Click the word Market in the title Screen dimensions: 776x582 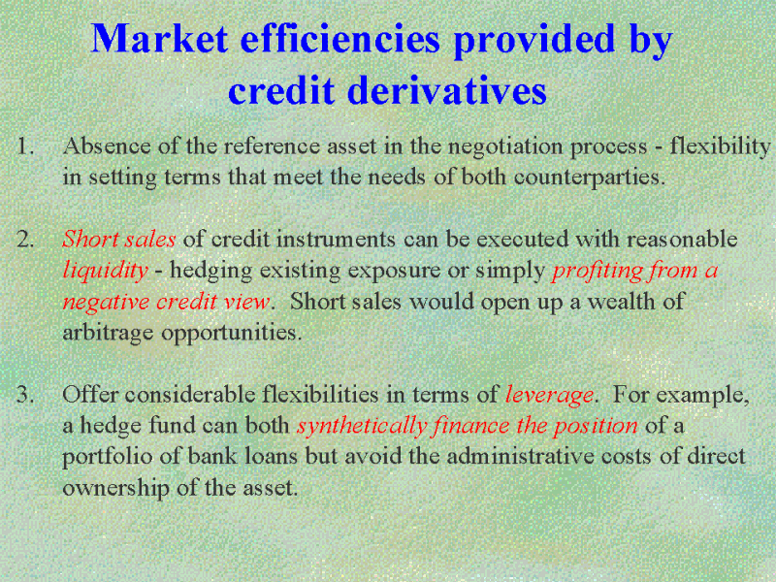[x=159, y=39]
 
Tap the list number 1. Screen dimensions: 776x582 [x=25, y=146]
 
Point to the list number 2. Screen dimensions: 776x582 [x=26, y=240]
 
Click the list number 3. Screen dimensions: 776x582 [x=26, y=395]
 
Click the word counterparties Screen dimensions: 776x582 [x=588, y=178]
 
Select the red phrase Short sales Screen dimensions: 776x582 [x=118, y=239]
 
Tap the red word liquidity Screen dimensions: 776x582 [x=106, y=272]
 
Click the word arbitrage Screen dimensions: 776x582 [x=108, y=333]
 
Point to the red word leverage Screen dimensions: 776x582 [x=549, y=396]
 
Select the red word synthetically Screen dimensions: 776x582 [x=362, y=427]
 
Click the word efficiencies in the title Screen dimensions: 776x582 [x=340, y=39]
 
